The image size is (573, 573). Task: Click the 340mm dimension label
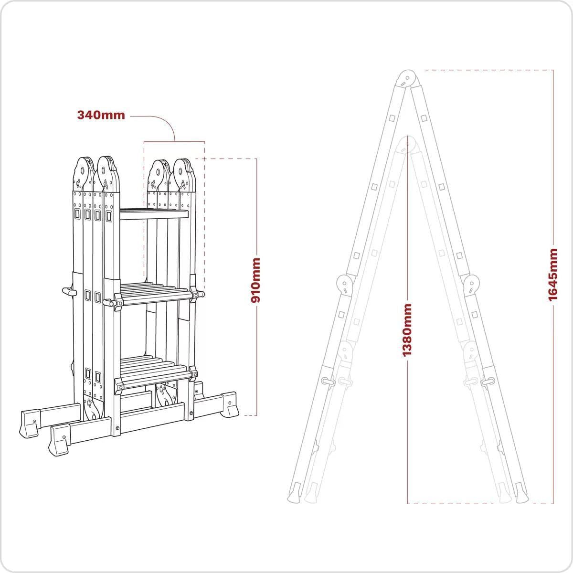[101, 115]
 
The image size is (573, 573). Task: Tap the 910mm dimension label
[256, 280]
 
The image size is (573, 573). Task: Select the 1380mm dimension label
[407, 330]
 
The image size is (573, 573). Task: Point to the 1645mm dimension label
[553, 275]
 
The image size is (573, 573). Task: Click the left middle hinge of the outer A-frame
[344, 285]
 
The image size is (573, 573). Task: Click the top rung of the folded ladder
[154, 214]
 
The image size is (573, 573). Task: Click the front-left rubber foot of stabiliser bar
[60, 440]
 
